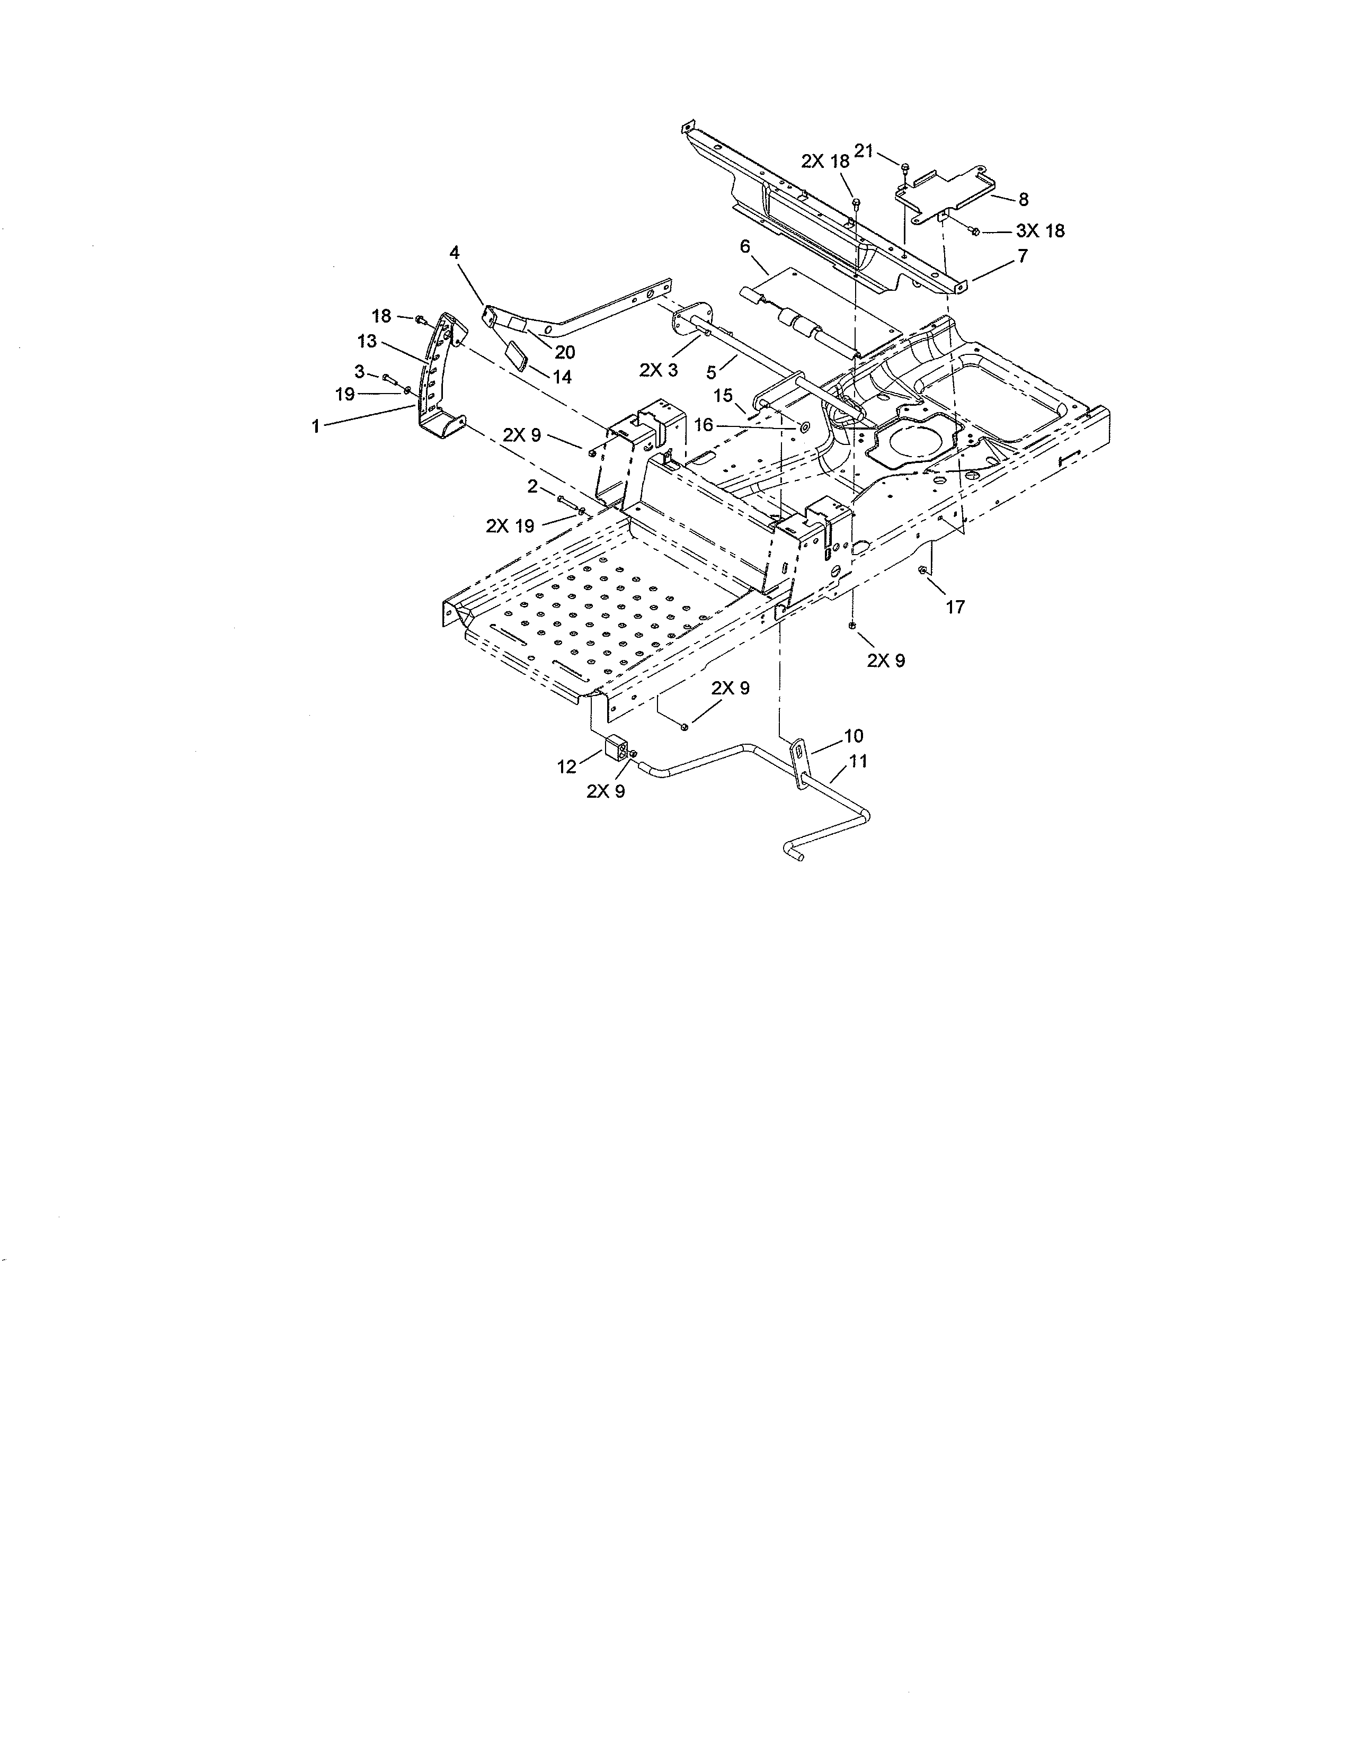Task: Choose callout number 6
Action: (x=744, y=246)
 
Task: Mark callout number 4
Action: (x=455, y=253)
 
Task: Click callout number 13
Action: (x=367, y=342)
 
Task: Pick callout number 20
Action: (x=565, y=352)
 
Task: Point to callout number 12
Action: (x=567, y=767)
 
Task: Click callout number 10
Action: (x=853, y=736)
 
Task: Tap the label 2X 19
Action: (x=510, y=526)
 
